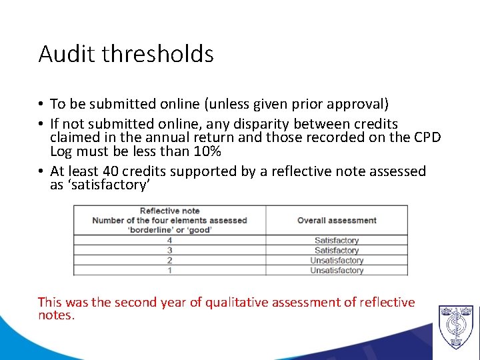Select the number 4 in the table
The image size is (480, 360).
point(169,241)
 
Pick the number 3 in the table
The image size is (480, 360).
point(169,251)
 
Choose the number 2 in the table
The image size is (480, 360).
point(169,261)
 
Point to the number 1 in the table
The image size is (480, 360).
point(169,271)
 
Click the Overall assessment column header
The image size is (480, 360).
point(337,221)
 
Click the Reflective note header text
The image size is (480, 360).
point(169,211)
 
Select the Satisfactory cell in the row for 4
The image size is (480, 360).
point(337,241)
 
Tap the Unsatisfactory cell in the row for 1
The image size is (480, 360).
point(337,271)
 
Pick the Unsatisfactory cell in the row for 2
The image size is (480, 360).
point(337,261)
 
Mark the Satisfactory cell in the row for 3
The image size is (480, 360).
point(337,251)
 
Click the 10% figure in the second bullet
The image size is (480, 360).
point(205,151)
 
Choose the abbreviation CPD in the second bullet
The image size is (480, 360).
point(425,138)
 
